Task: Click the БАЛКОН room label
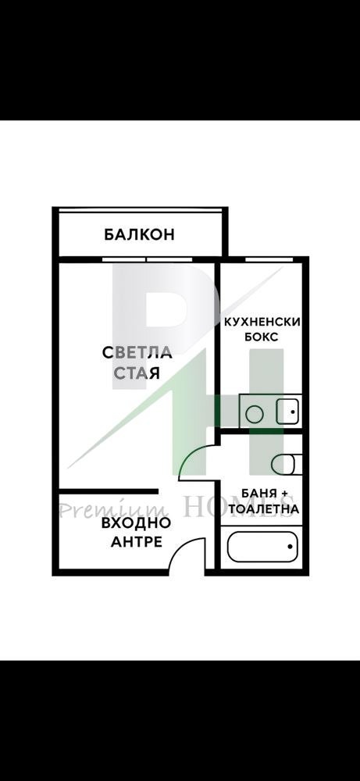(x=138, y=234)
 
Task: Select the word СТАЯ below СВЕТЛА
(x=137, y=373)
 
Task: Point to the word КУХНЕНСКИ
(x=262, y=322)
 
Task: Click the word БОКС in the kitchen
(x=262, y=337)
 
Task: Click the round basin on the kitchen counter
(x=253, y=412)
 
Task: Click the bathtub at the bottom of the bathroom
(x=262, y=547)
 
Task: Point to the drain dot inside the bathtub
(x=290, y=547)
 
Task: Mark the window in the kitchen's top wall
(x=263, y=258)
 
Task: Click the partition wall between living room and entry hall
(x=109, y=491)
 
